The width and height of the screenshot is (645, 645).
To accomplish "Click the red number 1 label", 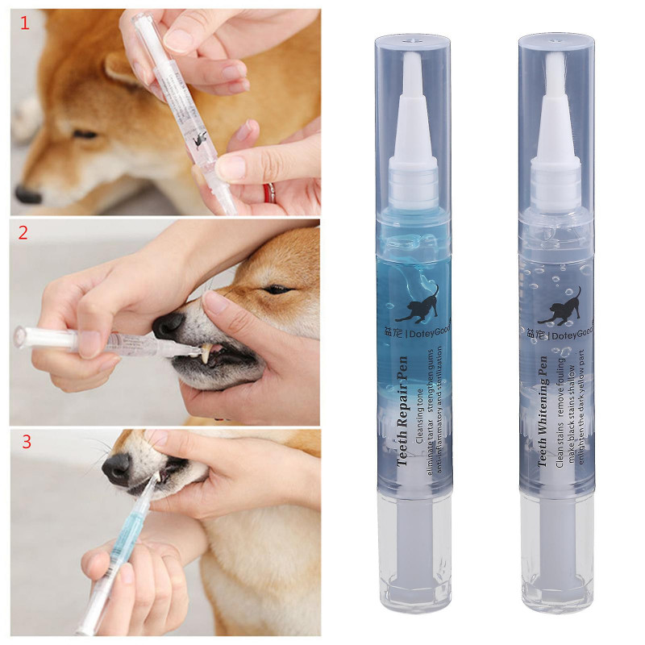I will point(24,23).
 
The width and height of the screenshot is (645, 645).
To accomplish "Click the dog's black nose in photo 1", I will point(28,194).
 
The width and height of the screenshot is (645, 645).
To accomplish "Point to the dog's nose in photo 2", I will point(169,325).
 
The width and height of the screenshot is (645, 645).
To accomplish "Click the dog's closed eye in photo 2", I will point(278,289).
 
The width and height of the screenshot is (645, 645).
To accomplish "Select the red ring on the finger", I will point(270,192).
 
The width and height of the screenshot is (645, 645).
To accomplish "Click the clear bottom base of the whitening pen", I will point(556,564).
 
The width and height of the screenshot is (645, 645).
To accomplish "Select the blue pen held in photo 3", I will point(121,548).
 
